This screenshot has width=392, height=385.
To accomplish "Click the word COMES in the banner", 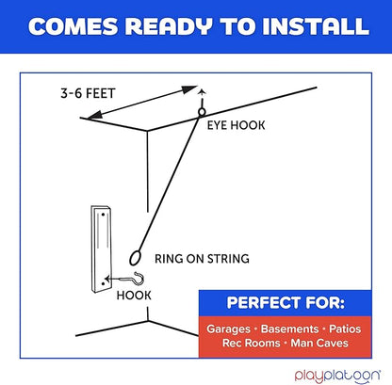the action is pos(73,26).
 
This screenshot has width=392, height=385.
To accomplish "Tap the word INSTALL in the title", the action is pos(316,26).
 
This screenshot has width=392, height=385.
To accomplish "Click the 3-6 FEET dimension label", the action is pos(88,93).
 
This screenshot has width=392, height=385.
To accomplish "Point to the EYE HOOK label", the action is pos(236,125).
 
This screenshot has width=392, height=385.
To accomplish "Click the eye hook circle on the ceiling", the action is pos(202,112).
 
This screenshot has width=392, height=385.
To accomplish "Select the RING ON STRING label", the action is pos(202,259).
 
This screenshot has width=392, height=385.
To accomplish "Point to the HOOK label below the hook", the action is pos(134,296).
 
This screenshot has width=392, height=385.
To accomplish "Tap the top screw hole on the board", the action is pos(103,215).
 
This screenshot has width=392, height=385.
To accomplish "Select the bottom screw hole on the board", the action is pos(103,283).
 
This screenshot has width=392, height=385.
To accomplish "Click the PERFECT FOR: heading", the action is pos(286,303).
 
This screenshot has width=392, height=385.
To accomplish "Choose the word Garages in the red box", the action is pos(228,329).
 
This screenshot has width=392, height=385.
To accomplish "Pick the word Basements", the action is pos(289,329).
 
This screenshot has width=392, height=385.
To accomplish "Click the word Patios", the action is pos(345,329).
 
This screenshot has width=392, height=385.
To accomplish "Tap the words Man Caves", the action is pos(319,343).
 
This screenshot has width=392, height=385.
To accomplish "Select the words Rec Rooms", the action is pos(251,343).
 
